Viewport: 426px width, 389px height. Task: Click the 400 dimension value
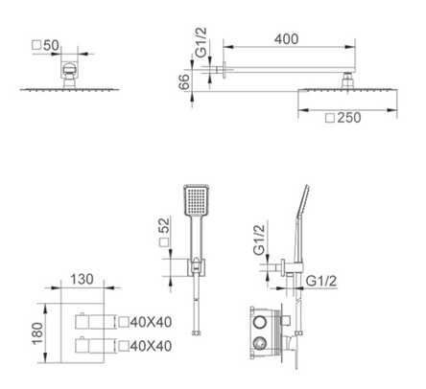click(287, 39)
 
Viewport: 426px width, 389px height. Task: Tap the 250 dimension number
click(349, 118)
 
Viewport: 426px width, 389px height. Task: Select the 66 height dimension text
click(184, 82)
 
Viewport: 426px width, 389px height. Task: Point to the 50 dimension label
click(51, 45)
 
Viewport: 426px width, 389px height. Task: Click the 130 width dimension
click(82, 279)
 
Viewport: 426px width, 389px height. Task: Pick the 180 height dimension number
click(37, 333)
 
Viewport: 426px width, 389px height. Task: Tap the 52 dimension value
click(164, 226)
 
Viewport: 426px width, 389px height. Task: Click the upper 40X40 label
click(151, 322)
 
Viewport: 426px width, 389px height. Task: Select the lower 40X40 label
click(151, 346)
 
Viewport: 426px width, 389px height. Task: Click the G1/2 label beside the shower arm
click(201, 42)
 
